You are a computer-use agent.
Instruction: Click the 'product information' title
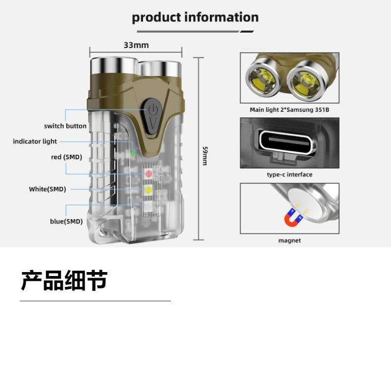(195, 17)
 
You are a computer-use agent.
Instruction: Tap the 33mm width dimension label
(136, 45)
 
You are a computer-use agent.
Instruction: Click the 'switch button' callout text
(65, 126)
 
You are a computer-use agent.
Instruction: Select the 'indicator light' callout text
(35, 141)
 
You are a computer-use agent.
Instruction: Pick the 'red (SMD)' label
(66, 157)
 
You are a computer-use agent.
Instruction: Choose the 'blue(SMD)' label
(66, 221)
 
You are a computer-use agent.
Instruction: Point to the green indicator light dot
(133, 153)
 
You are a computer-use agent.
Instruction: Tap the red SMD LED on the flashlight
(148, 174)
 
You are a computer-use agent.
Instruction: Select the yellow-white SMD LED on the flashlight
(148, 189)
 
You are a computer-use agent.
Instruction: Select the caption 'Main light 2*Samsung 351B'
(290, 110)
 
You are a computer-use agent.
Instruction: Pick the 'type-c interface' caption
(290, 175)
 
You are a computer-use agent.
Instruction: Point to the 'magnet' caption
(290, 240)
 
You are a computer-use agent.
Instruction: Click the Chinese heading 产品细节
(64, 280)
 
